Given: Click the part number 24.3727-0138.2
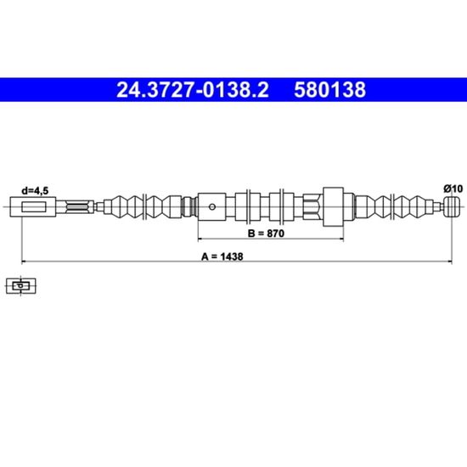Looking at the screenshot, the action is click(193, 90).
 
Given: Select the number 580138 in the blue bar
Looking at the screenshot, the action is click(329, 90).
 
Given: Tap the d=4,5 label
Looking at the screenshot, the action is click(35, 190).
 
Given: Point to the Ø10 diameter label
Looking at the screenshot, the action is click(453, 188).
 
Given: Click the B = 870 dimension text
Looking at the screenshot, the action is click(266, 233).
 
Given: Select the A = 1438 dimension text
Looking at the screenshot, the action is click(222, 256).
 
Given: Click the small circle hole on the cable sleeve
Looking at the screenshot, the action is click(212, 206).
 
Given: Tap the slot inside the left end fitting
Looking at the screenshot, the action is click(34, 206).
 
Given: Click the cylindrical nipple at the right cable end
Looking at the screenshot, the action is click(453, 206).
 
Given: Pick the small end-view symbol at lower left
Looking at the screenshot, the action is click(21, 286).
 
